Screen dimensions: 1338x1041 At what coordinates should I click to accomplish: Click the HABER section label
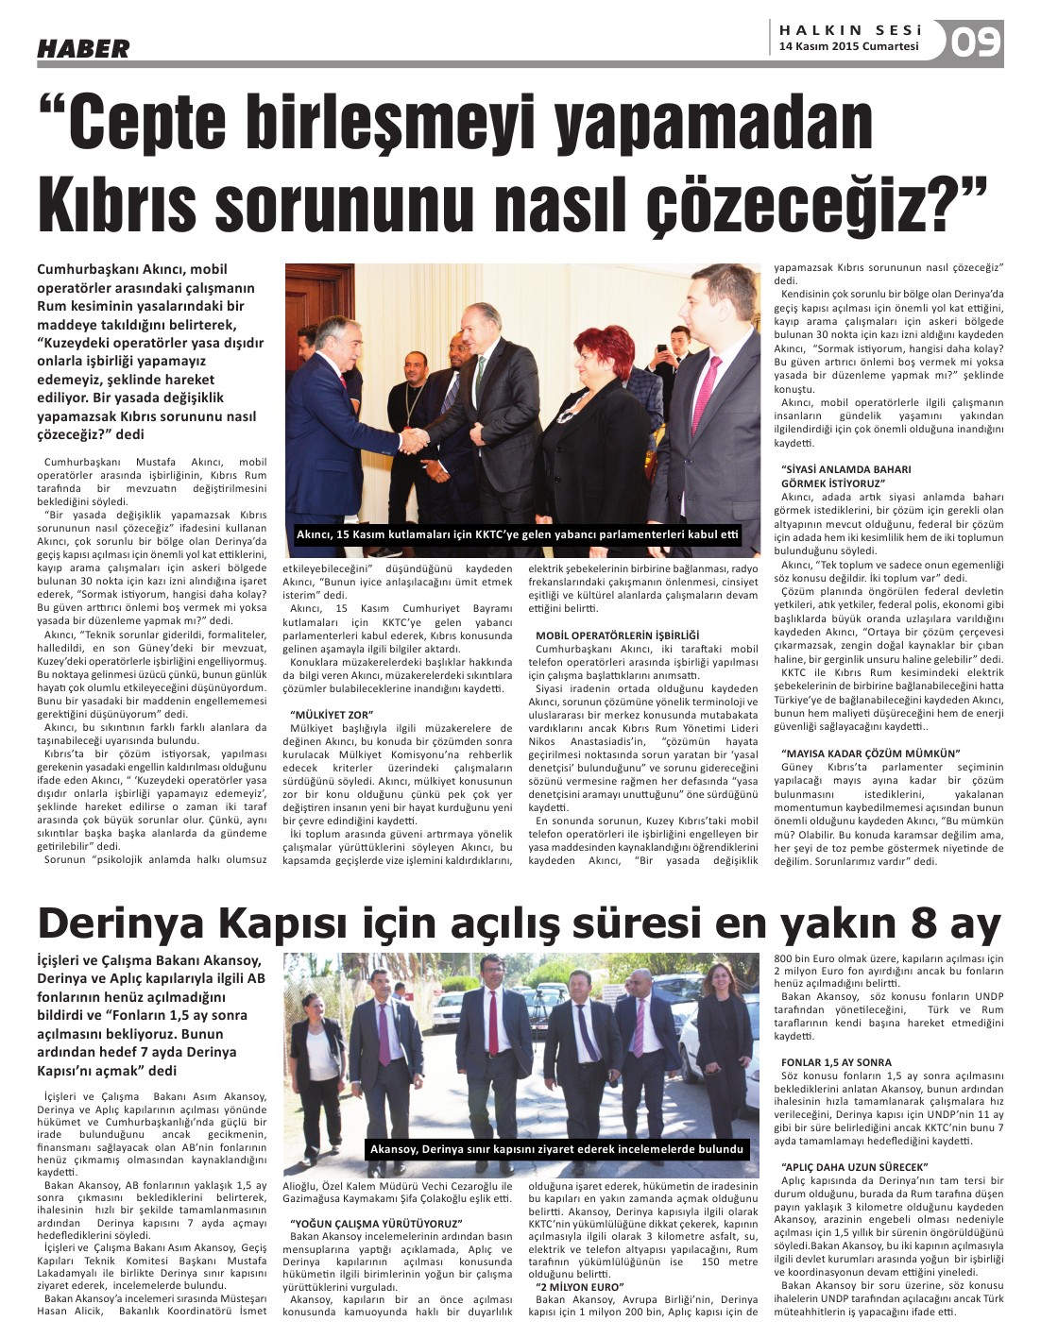click(x=83, y=48)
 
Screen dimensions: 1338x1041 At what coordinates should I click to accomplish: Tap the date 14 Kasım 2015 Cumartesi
click(x=848, y=45)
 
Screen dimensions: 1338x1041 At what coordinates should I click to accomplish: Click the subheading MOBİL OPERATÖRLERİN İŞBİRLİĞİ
click(x=617, y=635)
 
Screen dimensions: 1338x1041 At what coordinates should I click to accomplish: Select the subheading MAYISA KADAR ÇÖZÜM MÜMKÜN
click(x=870, y=753)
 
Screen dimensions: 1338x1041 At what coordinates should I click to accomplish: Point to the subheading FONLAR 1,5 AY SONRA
click(x=836, y=1062)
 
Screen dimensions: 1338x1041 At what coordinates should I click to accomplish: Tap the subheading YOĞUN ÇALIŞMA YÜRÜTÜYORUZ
click(x=375, y=1224)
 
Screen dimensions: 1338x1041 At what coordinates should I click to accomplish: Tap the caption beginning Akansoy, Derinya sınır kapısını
click(x=558, y=1149)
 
